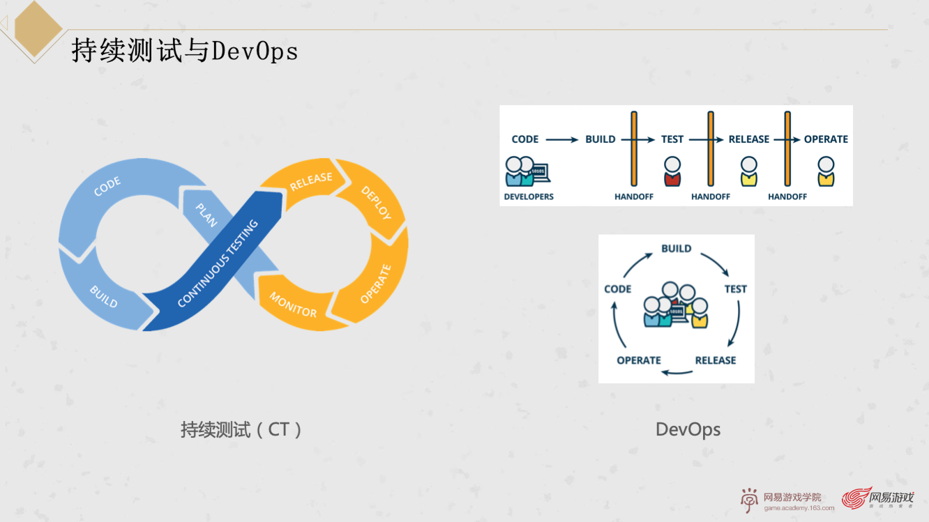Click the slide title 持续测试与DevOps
[185, 51]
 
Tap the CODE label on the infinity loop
[107, 186]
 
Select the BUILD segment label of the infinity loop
[104, 296]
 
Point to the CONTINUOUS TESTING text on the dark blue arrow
[218, 263]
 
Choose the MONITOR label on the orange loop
[293, 304]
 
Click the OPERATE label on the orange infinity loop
[376, 284]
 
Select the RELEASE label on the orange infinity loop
[311, 181]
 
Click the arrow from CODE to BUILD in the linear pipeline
[561, 140]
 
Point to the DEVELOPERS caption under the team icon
[529, 197]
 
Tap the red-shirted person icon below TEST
[672, 171]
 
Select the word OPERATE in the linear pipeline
[826, 139]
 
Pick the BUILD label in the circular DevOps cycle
[676, 249]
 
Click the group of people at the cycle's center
[676, 305]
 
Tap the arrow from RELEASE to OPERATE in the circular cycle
[677, 372]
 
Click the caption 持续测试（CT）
[241, 429]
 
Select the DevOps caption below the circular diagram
[688, 429]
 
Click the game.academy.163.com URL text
[799, 508]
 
